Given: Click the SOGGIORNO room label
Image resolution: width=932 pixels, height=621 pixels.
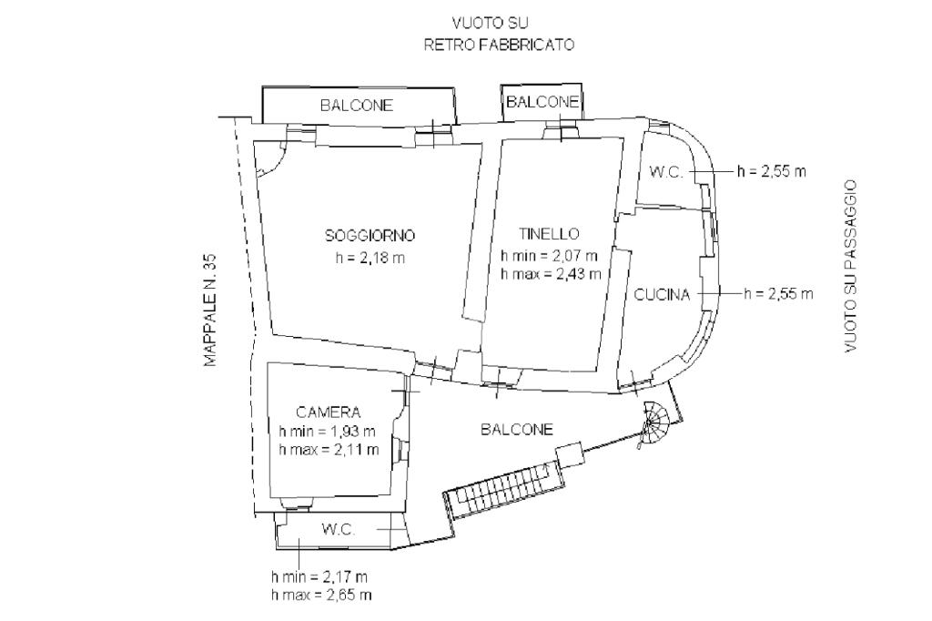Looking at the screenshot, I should pos(370,235).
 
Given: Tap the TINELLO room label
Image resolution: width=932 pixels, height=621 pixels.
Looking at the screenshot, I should pos(550,233).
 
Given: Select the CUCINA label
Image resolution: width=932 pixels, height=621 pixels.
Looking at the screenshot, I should pos(662,294).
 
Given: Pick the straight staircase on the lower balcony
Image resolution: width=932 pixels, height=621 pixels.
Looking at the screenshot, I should pos(501,490).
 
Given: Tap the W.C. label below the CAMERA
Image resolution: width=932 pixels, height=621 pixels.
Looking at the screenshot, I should pos(337,529).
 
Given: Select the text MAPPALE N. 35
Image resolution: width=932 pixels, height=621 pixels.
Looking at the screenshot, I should pos(210,310).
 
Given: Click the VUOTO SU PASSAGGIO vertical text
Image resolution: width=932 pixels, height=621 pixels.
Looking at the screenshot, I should pos(851,266).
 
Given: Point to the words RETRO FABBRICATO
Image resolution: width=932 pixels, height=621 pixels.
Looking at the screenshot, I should pos(500,45).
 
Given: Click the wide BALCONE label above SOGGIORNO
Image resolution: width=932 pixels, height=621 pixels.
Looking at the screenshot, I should pos(357,106).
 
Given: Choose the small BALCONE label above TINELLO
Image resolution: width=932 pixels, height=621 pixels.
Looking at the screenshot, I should pos(542,101).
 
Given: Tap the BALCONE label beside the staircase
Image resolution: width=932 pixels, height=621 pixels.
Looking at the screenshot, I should pos(517,430).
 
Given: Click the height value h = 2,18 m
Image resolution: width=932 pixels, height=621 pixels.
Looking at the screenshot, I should pos(370,258).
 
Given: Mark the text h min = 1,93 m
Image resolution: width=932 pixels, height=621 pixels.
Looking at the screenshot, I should pos(329,431).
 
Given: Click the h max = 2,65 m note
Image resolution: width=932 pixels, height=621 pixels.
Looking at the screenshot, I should pos(321,595).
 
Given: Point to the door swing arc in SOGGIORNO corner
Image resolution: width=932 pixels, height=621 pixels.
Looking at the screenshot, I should pos(269,159).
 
